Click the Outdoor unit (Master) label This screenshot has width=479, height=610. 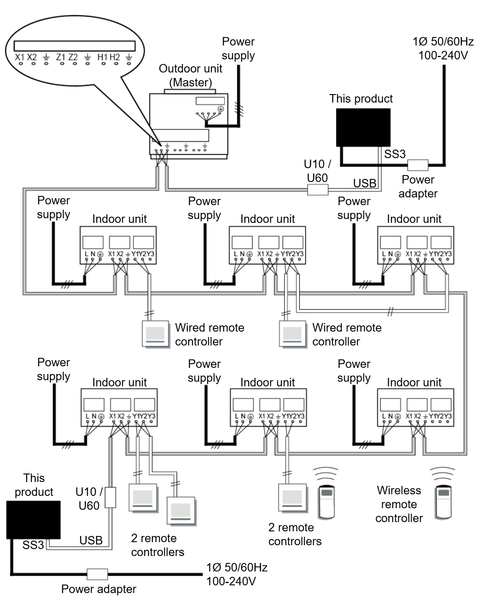coord(191,75)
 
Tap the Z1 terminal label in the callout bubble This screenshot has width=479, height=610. coord(61,57)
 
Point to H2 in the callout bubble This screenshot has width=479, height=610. coord(115,57)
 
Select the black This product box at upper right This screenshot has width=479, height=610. coord(363,127)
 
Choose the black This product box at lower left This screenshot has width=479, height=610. coord(34,519)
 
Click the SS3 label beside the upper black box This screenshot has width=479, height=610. coord(395,154)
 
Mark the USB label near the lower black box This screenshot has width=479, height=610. coord(91,541)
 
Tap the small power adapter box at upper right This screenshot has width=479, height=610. coord(418,165)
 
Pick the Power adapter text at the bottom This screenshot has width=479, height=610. coord(99,589)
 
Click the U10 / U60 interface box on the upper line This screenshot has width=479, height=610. coord(318,190)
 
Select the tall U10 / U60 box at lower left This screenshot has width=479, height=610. coord(110,497)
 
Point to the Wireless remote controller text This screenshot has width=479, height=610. coord(399,504)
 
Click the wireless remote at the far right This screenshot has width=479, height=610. coord(443,501)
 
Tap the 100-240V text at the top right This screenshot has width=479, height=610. coord(443,56)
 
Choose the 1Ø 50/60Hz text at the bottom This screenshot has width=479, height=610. coord(237,567)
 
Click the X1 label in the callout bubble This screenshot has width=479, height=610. coord(19,57)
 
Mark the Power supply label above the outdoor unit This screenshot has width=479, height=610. coord(238,48)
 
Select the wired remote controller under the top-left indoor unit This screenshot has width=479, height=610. coord(156,334)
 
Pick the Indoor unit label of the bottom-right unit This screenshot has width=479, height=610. coord(414,382)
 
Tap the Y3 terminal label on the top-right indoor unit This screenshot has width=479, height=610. coord(447,254)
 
